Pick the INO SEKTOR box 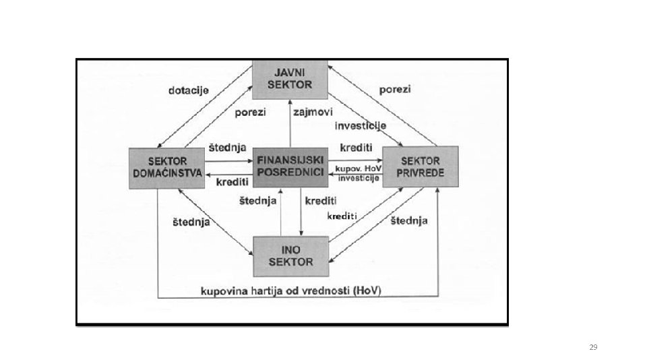click(290, 256)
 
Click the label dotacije click(189, 90)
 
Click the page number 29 click(593, 347)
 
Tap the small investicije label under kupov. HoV click(359, 178)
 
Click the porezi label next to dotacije click(250, 113)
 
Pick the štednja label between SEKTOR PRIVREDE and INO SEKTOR click(409, 220)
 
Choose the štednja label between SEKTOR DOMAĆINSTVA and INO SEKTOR click(191, 222)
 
